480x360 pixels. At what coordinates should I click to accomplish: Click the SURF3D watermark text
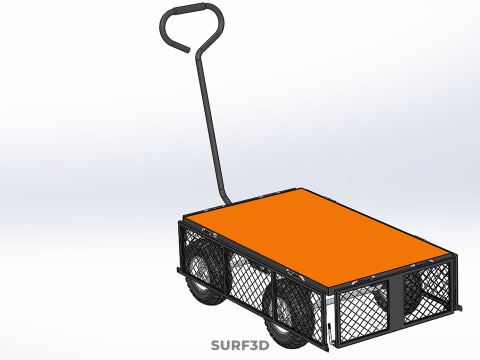click(x=240, y=345)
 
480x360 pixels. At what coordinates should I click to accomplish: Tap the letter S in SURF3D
click(x=215, y=345)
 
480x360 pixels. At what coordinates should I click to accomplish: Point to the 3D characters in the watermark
click(x=258, y=345)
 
